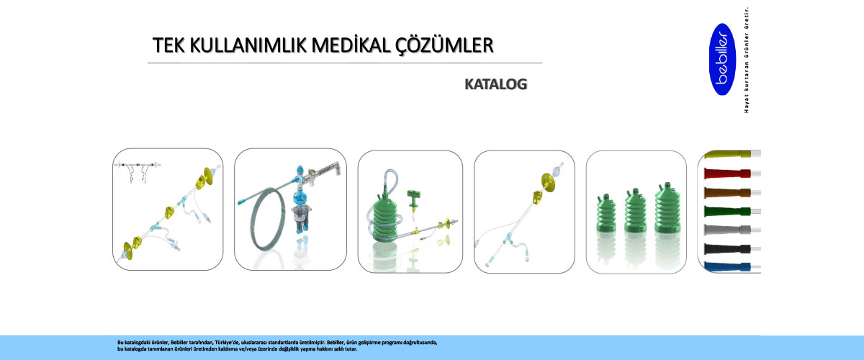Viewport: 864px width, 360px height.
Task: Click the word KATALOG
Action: (x=495, y=84)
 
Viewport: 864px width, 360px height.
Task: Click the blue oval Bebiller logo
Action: (x=722, y=60)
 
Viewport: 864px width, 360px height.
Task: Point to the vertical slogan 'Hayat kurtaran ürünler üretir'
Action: (x=747, y=60)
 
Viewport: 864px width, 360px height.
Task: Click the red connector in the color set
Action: (x=727, y=174)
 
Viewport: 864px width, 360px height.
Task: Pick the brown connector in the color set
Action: (x=727, y=192)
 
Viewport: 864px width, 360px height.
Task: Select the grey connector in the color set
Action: (x=727, y=230)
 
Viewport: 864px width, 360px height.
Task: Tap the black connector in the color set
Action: (x=727, y=249)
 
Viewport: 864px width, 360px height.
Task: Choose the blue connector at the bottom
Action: (x=727, y=266)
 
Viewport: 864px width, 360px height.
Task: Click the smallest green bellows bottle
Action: (x=606, y=213)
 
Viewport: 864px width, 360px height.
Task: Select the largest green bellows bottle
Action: (x=667, y=208)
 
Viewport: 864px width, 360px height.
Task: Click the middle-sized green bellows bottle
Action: (x=635, y=211)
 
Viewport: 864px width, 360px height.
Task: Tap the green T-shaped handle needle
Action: (x=413, y=202)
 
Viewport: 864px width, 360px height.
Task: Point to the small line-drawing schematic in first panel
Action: (x=137, y=171)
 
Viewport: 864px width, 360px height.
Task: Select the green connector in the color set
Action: (x=727, y=212)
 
